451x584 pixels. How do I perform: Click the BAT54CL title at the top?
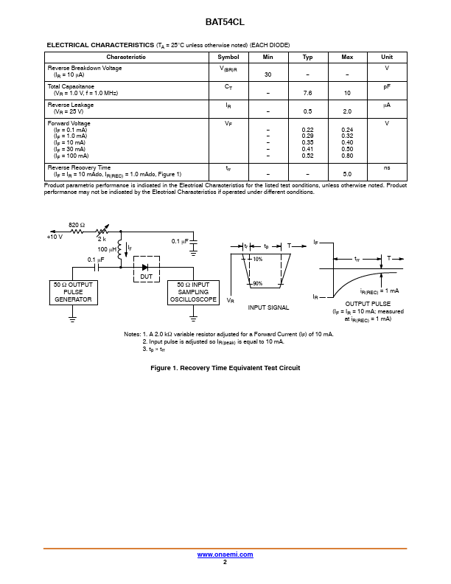(x=225, y=23)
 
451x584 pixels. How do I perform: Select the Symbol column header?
(x=228, y=57)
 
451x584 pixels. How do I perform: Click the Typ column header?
(x=307, y=57)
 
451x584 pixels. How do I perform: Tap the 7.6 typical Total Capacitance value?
(x=307, y=94)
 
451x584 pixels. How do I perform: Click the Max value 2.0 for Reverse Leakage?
(x=347, y=111)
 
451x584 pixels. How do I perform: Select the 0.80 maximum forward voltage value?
(x=347, y=156)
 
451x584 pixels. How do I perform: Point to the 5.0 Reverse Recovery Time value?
(x=347, y=174)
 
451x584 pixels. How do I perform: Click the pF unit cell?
(x=387, y=87)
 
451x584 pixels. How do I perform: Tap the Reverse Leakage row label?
(x=70, y=105)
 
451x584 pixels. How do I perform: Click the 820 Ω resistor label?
(x=77, y=224)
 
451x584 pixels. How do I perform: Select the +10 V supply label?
(x=55, y=237)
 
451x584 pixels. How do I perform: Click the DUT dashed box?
(x=146, y=270)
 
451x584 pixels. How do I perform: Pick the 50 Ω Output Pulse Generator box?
(x=73, y=292)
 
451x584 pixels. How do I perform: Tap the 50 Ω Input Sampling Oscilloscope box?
(x=193, y=292)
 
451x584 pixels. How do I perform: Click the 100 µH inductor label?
(x=107, y=250)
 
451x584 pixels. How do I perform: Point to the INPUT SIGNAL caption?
(x=268, y=307)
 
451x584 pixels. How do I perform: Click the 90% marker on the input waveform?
(x=257, y=284)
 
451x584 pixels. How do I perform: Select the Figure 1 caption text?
(x=225, y=368)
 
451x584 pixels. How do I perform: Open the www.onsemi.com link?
(x=225, y=554)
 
